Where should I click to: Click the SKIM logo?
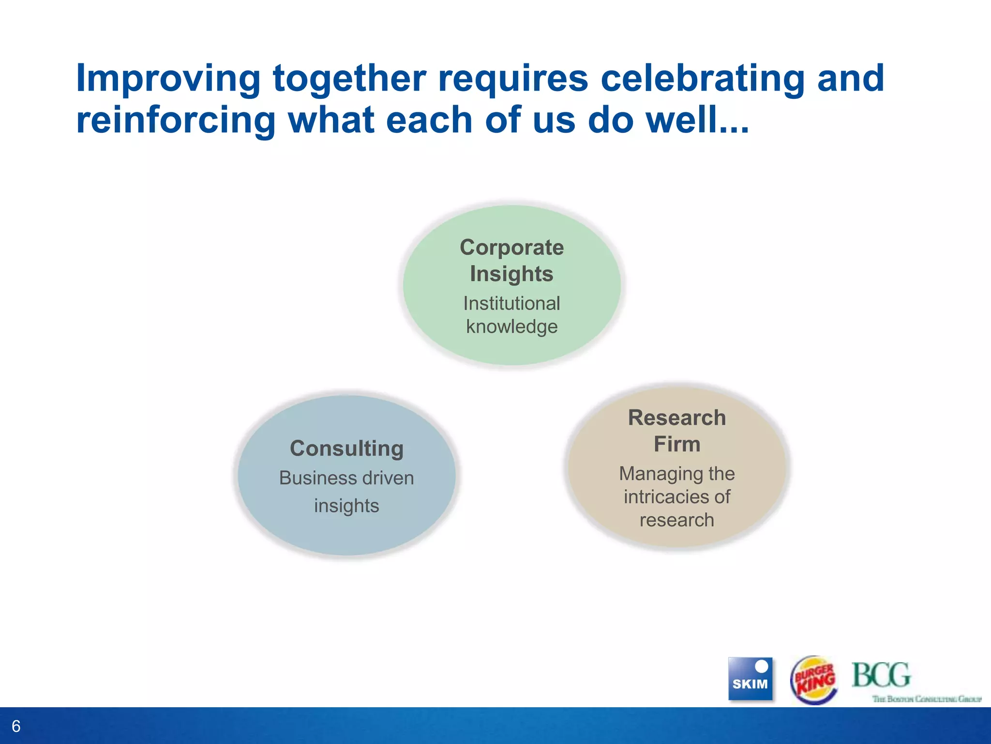coord(750,679)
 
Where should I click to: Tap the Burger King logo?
coord(814,680)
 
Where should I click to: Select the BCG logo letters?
coord(881,675)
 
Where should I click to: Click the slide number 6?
coord(16,726)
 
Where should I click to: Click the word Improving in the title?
coord(168,78)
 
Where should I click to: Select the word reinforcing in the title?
coord(176,120)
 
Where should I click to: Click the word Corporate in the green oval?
coord(511,248)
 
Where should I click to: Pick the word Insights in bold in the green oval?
coord(511,274)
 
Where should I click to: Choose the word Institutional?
coord(511,304)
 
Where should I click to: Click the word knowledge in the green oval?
coord(511,327)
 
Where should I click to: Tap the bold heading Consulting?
coord(346,449)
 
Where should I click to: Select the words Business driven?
coord(346,478)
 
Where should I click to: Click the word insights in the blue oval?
coord(346,506)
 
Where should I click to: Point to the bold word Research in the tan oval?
coord(676,418)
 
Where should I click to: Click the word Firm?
coord(676,444)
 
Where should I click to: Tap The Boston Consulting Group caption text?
coord(926,699)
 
